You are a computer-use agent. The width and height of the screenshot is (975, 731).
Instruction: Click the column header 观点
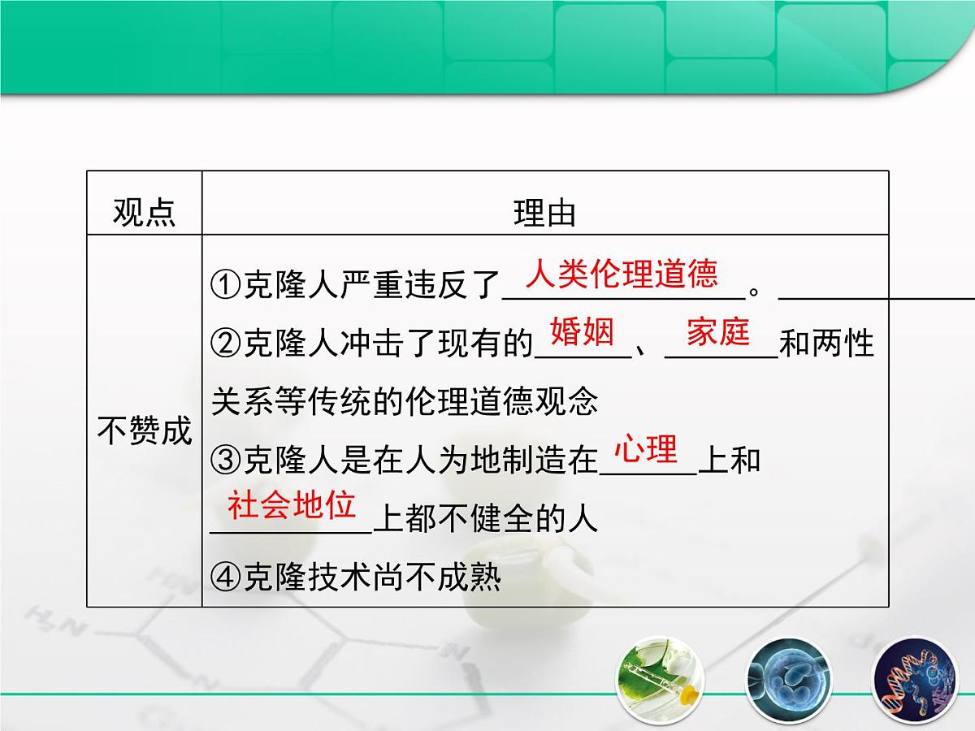coord(144,213)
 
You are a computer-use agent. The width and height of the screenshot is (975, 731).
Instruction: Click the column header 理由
coord(544,213)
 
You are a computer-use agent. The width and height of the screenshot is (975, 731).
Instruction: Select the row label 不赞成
coord(144,430)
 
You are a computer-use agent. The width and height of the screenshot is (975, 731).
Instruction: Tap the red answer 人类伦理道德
coord(622,275)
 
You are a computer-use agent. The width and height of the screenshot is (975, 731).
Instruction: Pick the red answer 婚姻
coord(582,333)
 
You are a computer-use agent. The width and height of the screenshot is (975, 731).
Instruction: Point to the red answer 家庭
coord(718,333)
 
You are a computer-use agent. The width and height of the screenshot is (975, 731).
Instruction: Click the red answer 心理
coord(646,449)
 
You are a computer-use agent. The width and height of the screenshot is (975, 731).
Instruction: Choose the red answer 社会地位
coord(292,505)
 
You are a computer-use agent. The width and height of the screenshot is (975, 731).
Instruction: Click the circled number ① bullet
coord(226,286)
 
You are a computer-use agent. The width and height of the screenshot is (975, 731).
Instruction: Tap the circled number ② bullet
coord(226,344)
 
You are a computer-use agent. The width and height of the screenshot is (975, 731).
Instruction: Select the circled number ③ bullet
coord(226,461)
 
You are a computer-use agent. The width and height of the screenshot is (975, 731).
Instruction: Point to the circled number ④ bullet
coord(226,577)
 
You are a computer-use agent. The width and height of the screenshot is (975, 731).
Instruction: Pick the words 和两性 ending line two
coord(826,344)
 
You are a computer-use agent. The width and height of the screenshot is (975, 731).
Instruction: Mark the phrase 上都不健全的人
coord(485,519)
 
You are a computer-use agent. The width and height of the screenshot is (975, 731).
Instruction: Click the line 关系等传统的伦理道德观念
coord(404,402)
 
